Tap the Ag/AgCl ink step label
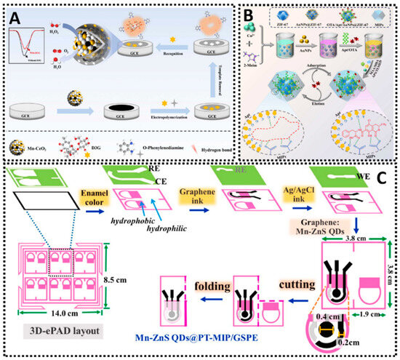point(289,194)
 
